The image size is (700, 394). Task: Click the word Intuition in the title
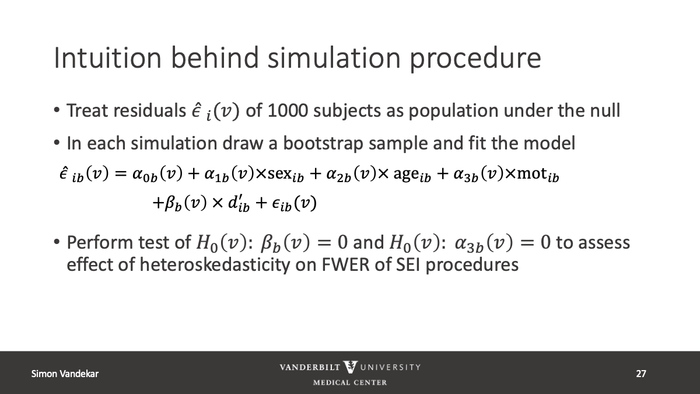[108, 58]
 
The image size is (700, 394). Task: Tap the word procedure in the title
[475, 60]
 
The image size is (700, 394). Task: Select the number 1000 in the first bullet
[288, 110]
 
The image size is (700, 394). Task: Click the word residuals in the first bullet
[149, 110]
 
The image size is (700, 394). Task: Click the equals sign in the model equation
[120, 174]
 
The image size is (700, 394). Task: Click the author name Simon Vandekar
[65, 374]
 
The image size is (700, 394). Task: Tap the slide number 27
[641, 374]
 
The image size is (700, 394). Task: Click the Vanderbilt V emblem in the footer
[350, 367]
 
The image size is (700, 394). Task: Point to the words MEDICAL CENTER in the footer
[350, 382]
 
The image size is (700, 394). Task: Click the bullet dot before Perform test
[57, 242]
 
